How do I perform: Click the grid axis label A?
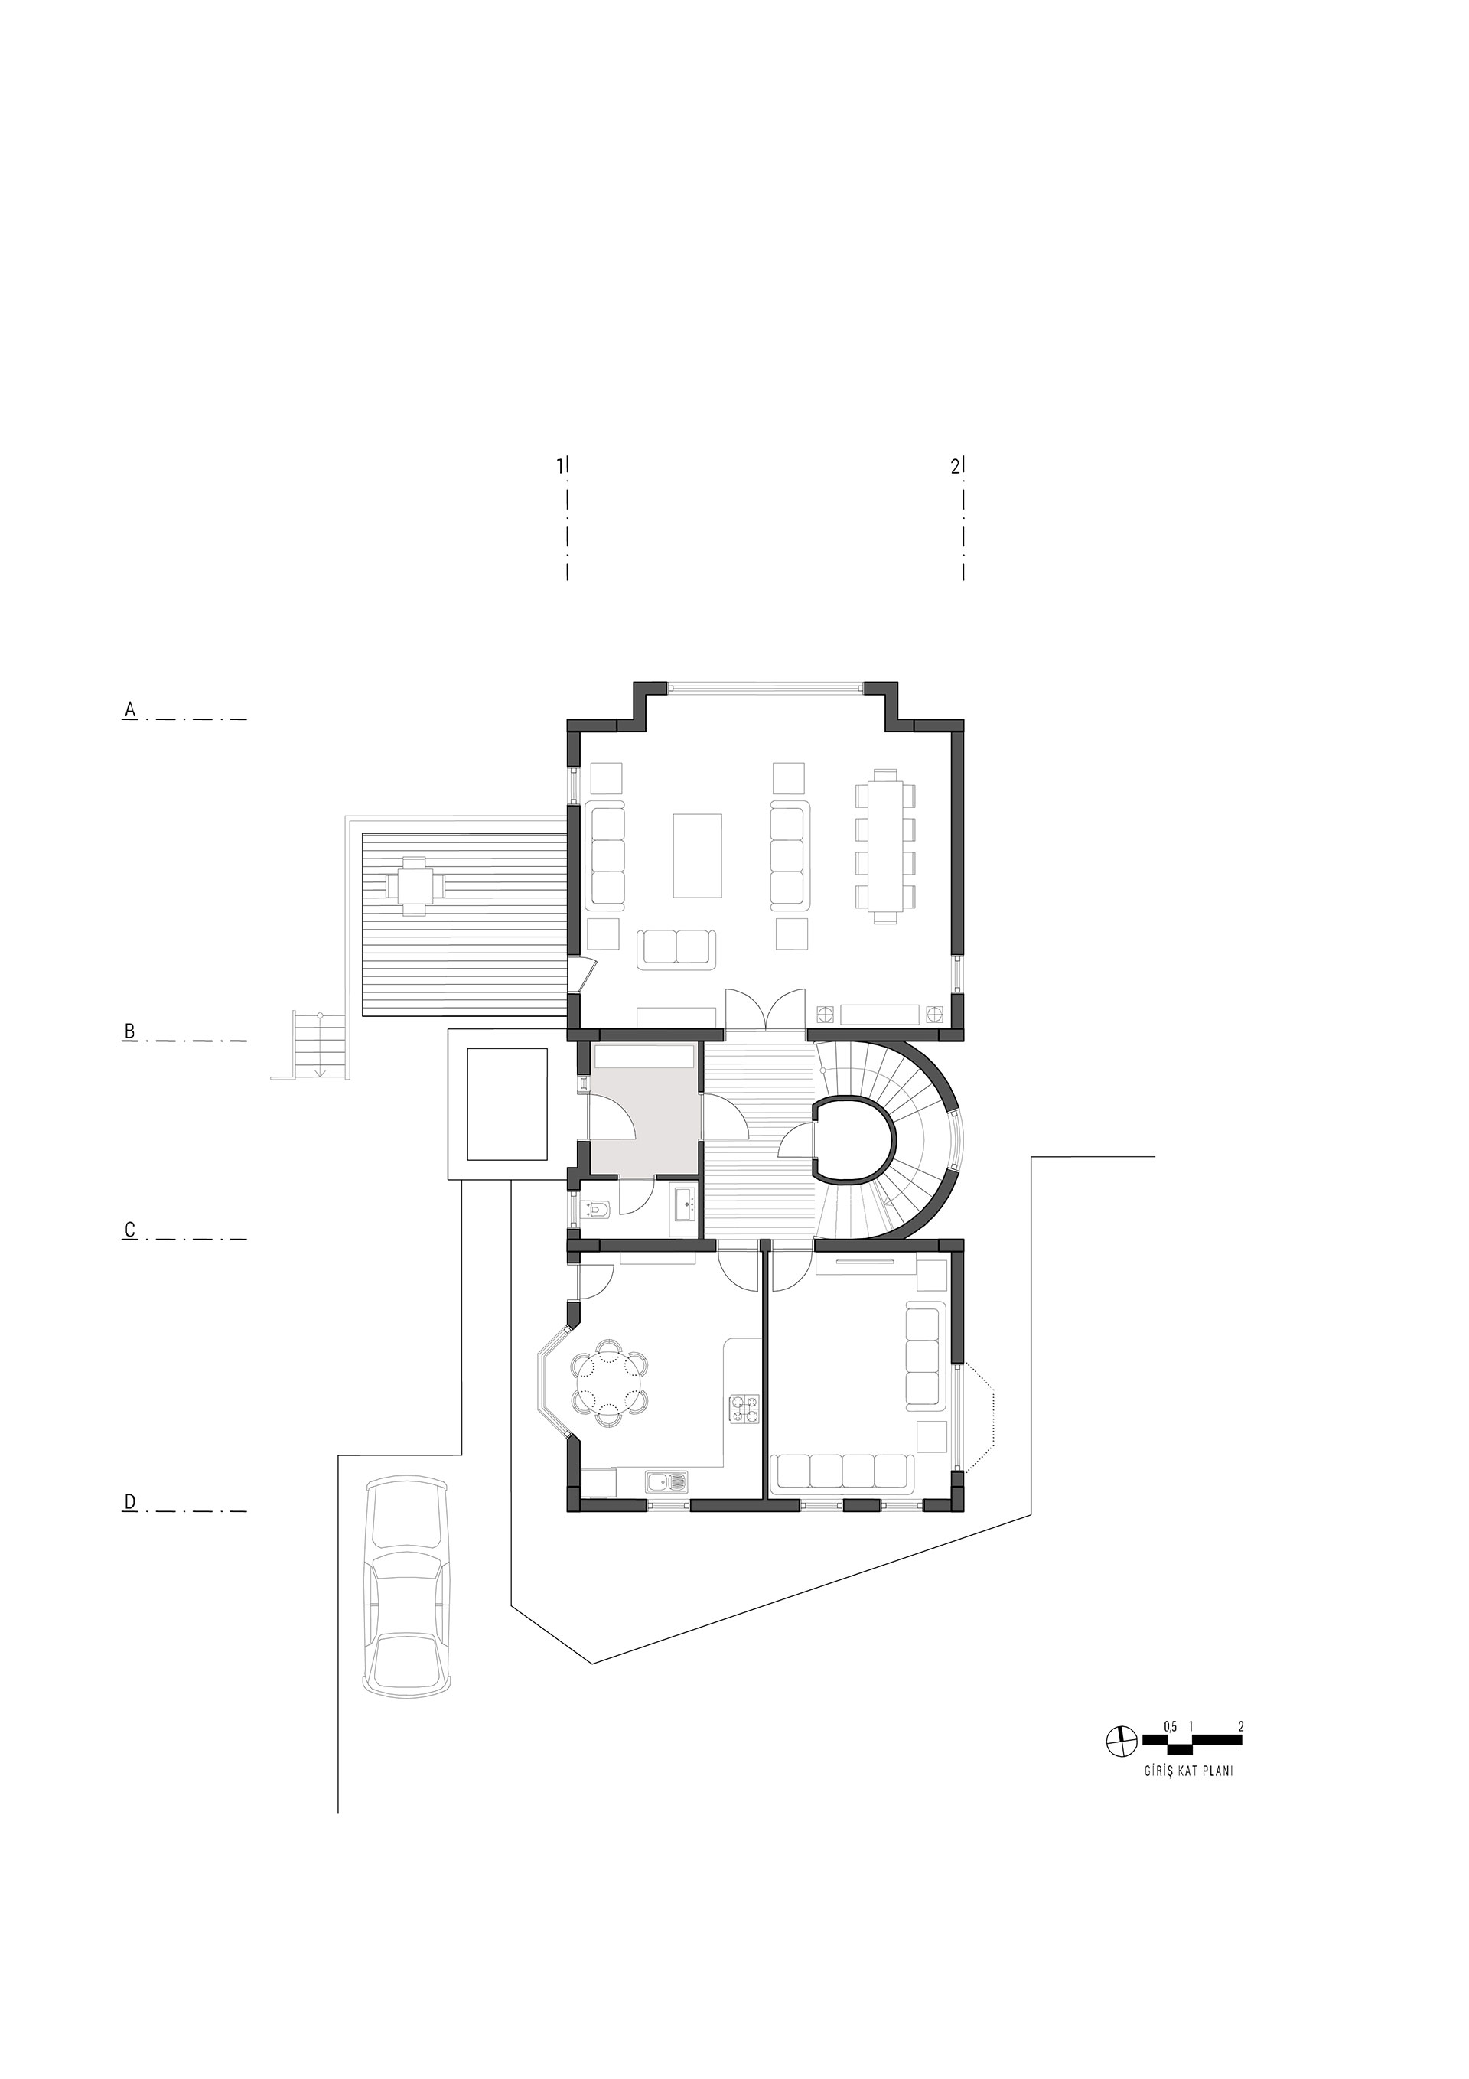129,711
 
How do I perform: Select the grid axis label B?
129,1031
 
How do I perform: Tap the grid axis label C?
129,1230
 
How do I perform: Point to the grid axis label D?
129,1502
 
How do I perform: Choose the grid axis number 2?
955,466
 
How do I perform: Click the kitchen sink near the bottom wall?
666,1482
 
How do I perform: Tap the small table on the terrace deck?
415,883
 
